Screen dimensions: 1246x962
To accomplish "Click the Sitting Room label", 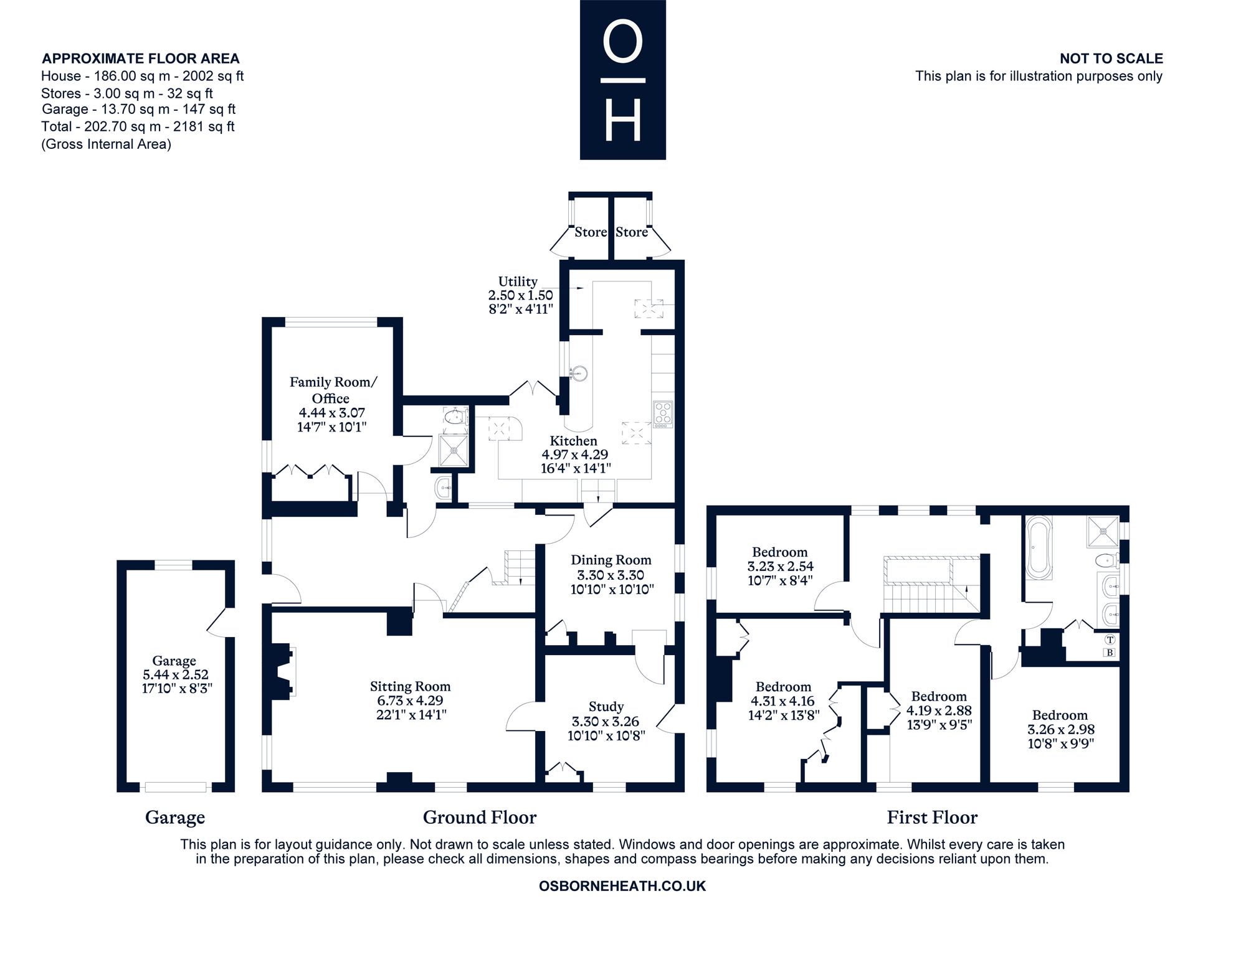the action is point(410,687).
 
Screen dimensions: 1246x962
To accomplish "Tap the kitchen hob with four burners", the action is point(663,414).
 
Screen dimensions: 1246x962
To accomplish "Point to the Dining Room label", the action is point(611,560).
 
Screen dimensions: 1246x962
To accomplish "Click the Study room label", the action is point(606,707).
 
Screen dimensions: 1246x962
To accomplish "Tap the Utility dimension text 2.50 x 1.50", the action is point(520,295).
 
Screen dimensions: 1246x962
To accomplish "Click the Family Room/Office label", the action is point(333,390).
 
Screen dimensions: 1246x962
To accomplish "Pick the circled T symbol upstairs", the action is point(1110,639).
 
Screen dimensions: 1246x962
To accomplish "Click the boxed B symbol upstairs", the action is point(1109,653).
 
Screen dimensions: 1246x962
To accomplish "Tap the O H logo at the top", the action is point(623,80).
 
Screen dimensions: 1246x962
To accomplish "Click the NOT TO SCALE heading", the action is point(1111,59).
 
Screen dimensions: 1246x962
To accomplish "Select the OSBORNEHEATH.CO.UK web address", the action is point(622,886).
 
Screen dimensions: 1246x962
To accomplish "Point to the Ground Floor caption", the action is point(480,817).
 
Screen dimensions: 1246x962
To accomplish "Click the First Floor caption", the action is point(932,817).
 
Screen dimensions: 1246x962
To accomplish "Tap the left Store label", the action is point(591,232).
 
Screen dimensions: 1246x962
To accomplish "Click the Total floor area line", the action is point(138,127).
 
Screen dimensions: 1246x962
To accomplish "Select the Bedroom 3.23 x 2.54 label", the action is point(780,566).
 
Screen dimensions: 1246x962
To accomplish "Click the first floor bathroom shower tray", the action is point(1103,532).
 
